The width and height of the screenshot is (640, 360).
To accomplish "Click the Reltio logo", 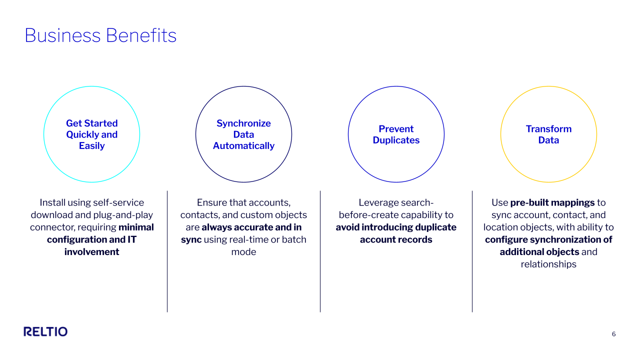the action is (45, 331).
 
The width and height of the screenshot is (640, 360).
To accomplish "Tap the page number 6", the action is (613, 334).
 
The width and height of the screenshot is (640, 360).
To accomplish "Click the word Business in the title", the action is (62, 35).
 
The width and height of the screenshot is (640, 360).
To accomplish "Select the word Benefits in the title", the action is (141, 35).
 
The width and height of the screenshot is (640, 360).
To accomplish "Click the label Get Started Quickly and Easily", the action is (91, 134).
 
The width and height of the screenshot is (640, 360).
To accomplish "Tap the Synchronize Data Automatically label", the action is (243, 134).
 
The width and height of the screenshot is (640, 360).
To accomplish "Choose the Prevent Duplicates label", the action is (396, 134).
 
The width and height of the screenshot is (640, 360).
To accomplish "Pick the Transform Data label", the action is (548, 134).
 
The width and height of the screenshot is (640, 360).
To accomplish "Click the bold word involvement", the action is (91, 251).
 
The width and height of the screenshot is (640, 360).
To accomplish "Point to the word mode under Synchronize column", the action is (243, 251).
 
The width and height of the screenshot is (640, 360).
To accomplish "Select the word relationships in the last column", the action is (548, 264).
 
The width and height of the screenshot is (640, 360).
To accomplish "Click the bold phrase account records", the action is (396, 239).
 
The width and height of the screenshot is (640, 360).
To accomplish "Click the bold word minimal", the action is (136, 227).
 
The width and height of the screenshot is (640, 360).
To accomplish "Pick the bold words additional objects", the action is (539, 251).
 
